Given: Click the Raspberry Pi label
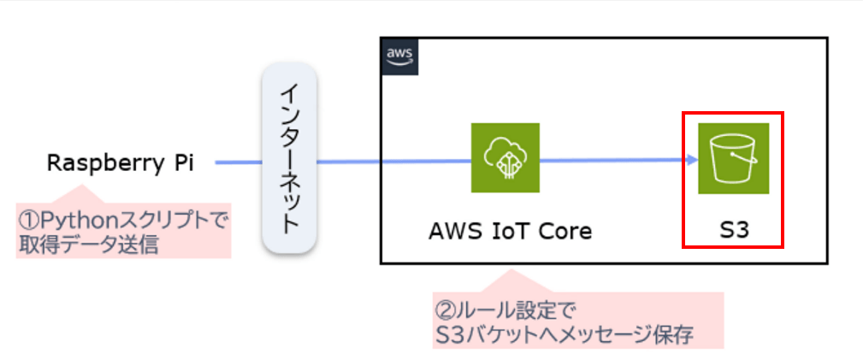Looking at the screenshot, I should [120, 163].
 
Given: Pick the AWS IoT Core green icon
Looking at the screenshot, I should [505, 158].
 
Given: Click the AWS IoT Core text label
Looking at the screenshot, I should [511, 231].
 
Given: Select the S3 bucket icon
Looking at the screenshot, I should [733, 158].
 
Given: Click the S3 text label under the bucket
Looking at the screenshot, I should [733, 231].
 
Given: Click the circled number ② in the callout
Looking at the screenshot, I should [444, 308].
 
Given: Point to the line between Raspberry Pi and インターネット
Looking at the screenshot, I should [239, 161].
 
